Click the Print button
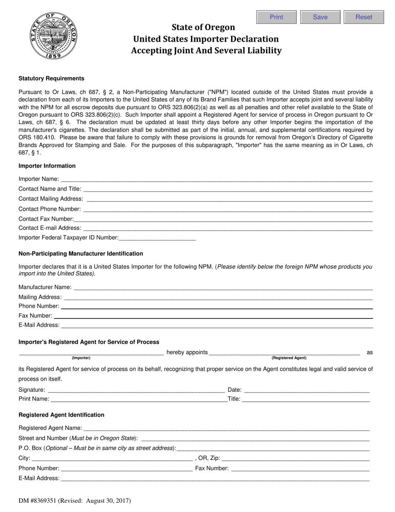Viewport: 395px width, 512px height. (276, 17)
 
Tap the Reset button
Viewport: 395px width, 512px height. (363, 17)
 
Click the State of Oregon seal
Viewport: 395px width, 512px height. (53, 36)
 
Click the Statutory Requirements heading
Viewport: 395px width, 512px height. (51, 78)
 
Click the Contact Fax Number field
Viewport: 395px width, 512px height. (223, 219)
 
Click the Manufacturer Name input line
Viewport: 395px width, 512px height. (223, 287)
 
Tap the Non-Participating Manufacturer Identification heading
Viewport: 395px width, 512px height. (81, 254)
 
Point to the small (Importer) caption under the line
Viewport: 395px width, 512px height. (81, 358)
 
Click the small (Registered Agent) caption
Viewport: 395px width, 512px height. (289, 358)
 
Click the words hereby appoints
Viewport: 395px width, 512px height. (187, 352)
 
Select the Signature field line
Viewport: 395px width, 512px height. (136, 390)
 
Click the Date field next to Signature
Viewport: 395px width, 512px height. (306, 390)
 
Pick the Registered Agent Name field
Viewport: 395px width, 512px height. (226, 428)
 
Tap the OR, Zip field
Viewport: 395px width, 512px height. (296, 458)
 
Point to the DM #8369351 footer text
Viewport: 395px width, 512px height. (75, 501)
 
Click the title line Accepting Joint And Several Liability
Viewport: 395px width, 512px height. (206, 51)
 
